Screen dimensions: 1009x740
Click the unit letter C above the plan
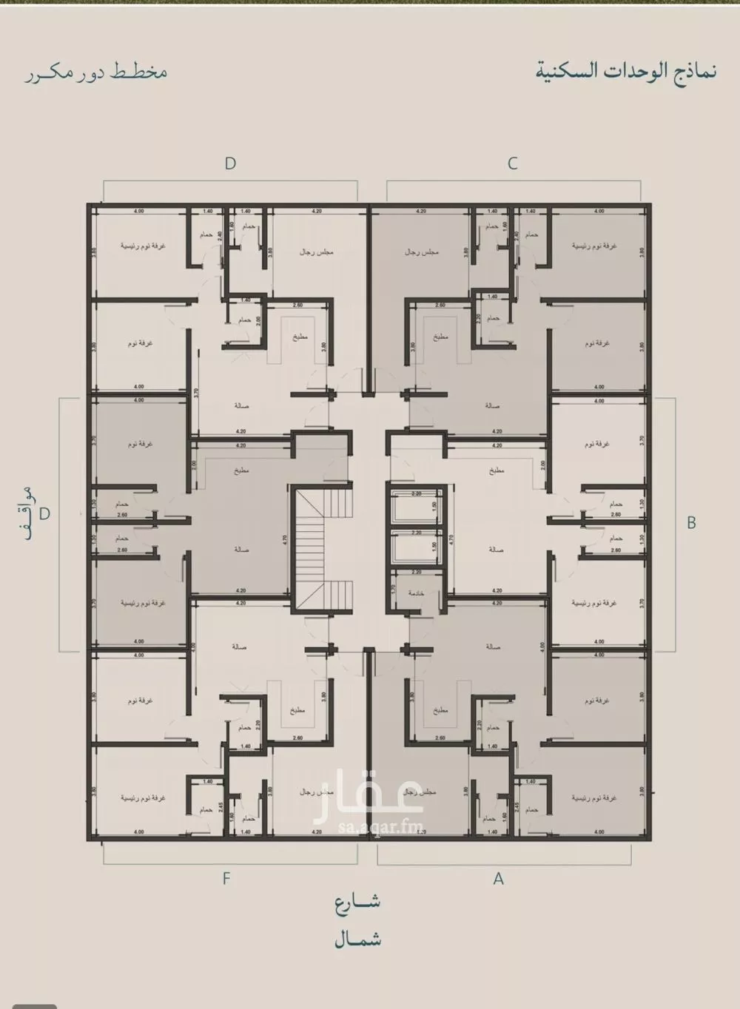click(512, 163)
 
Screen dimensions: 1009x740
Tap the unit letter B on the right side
click(691, 522)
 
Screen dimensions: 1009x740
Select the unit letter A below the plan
click(499, 879)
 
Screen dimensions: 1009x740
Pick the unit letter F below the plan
click(226, 879)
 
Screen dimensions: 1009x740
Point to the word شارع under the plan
click(357, 902)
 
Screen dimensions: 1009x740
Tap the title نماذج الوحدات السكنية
click(625, 72)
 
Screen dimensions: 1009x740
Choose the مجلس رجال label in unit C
click(421, 252)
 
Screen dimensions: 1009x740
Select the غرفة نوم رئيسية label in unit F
click(143, 798)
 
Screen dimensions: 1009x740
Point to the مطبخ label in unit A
click(440, 710)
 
